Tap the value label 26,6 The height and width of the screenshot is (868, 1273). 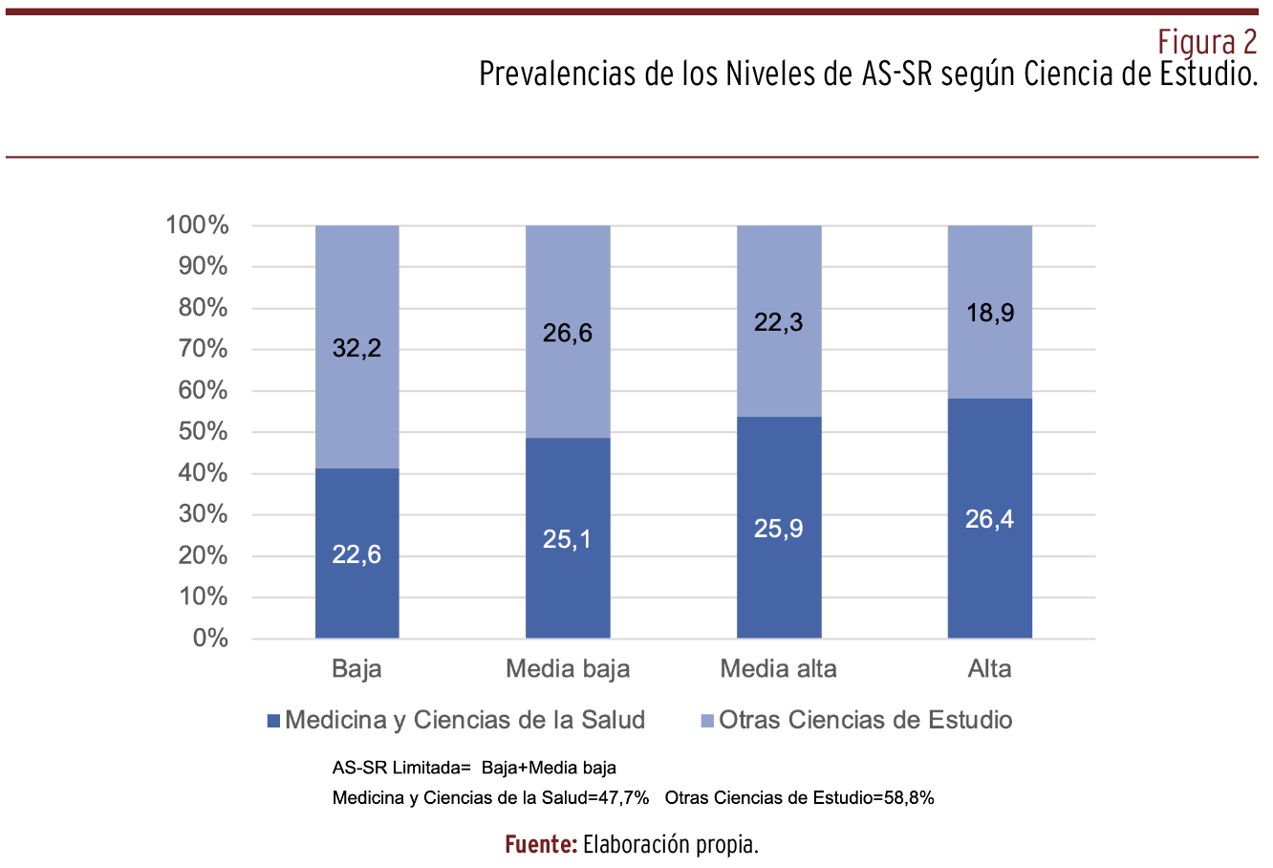pos(568,334)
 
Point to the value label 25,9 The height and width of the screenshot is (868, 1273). pos(778,529)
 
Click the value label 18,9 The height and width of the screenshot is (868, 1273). pos(989,313)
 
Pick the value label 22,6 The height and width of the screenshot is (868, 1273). pos(356,554)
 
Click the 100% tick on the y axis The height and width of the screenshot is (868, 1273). pos(198,226)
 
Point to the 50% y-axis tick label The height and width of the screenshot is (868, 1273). pos(203,432)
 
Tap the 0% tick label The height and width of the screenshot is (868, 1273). pos(210,639)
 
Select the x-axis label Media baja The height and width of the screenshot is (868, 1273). pos(568,669)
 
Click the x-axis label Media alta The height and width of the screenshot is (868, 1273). pos(778,669)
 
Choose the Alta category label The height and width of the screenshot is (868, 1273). pos(989,669)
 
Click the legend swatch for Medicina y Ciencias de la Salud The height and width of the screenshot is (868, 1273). pos(274,721)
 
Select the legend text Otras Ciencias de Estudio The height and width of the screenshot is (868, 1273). pos(865,720)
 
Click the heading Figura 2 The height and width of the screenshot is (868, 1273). pos(1207,42)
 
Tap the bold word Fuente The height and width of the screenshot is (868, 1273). pos(540,845)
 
